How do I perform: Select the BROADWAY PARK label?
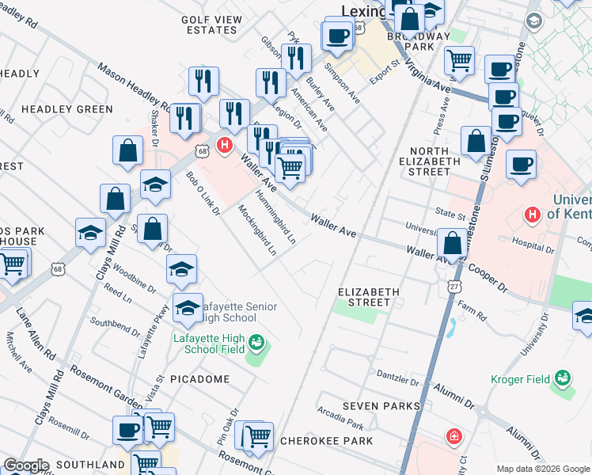coord(418,41)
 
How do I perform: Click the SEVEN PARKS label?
coord(381,406)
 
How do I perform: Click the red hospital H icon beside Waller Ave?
coord(225,146)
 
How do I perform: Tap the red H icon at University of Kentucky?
coord(533,214)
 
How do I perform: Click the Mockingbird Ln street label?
coord(257,230)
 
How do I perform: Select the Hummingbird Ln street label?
coord(275,215)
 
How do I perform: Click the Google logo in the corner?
coord(26,465)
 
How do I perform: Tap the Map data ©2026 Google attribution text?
coord(543,468)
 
